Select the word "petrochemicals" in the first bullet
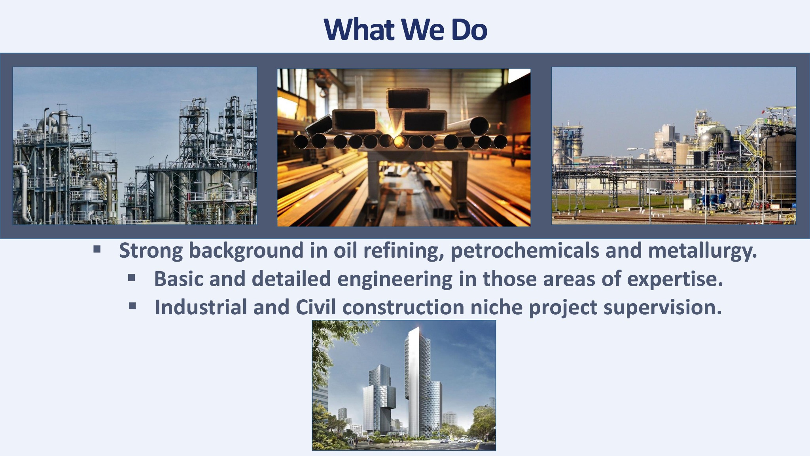coord(525,251)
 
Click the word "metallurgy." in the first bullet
coord(702,251)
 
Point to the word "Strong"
coord(151,251)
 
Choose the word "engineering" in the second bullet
coord(395,279)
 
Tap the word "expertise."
coord(675,279)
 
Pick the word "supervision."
coord(663,307)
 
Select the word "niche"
coord(496,307)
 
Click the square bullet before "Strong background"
coord(97,250)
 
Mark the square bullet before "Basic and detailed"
coord(132,278)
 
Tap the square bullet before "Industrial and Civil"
coord(132,306)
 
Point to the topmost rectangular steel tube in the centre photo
coord(408,99)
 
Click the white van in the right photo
coord(653,192)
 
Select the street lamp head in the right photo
coord(632,149)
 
